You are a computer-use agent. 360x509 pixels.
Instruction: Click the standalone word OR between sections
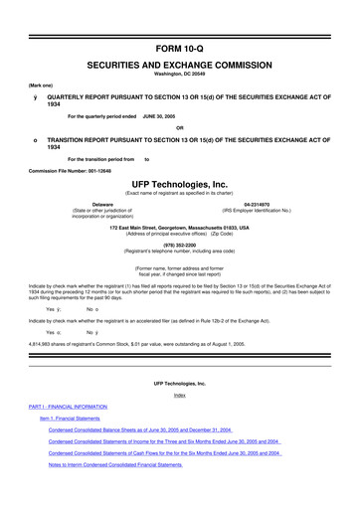click(180, 127)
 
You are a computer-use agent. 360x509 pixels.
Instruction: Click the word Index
click(180, 423)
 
